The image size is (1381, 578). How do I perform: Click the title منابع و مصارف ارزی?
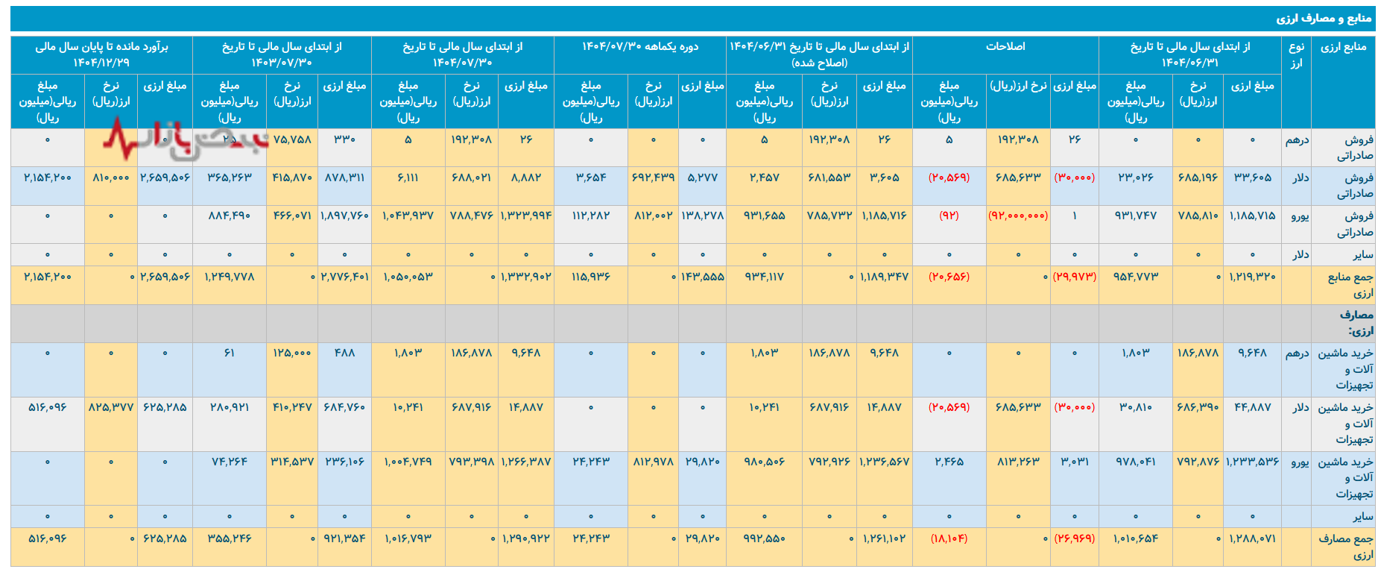1323,19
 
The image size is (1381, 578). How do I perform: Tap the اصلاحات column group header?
1005,47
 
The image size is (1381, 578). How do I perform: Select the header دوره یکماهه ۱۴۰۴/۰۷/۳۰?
640,47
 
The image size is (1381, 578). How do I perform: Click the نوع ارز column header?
1296,55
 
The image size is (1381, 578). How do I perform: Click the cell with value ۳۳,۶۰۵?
1252,178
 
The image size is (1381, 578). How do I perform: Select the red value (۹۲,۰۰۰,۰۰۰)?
1018,216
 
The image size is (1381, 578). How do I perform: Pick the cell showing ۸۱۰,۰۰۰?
111,178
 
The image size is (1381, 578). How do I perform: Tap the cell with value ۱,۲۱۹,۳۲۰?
1252,277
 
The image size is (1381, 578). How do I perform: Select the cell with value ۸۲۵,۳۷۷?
111,408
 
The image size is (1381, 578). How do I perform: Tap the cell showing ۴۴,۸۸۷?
1252,408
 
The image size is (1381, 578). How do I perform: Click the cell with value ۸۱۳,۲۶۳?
1018,462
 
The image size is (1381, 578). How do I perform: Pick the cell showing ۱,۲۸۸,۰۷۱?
1252,538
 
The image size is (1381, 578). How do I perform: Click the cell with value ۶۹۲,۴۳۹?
653,178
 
